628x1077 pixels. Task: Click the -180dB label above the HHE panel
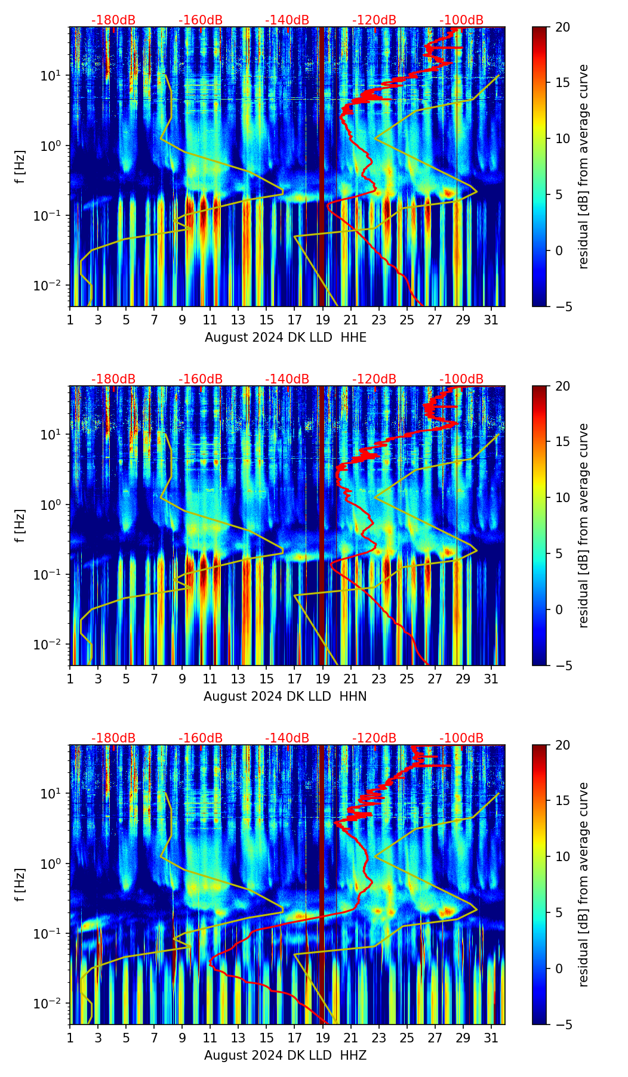113,20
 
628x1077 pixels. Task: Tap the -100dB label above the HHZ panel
461,738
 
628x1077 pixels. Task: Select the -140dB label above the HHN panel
287,379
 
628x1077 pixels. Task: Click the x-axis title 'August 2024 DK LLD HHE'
285,338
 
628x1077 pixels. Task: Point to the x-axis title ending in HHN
285,697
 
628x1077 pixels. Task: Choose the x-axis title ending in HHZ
285,1056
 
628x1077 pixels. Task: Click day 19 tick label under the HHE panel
323,320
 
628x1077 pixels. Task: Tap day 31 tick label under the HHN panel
491,679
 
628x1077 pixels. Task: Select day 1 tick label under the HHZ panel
70,1038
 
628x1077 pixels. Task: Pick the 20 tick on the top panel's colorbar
562,27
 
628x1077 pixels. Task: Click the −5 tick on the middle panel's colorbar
562,666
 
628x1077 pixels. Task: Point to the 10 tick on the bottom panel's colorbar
562,857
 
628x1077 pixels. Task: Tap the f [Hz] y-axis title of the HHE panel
20,167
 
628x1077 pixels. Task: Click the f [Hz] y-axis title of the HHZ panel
20,885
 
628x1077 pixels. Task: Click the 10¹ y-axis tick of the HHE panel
50,76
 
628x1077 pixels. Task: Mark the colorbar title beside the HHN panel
584,525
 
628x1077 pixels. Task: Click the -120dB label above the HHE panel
374,20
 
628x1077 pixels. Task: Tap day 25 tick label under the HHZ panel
407,1038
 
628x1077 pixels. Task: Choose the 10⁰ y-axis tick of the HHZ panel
50,864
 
